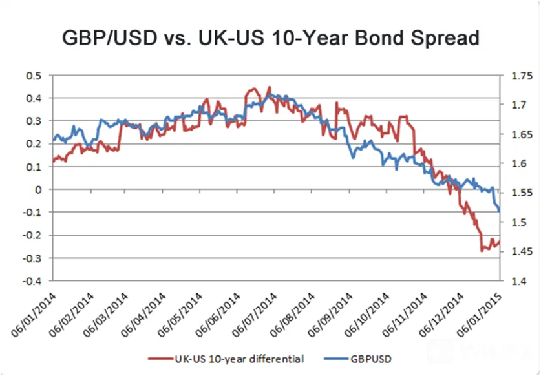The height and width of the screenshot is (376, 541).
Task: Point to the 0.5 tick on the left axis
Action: pyautogui.click(x=33, y=76)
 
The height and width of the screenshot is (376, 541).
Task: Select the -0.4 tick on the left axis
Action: pyautogui.click(x=32, y=281)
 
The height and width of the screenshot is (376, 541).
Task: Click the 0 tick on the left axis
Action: pyautogui.click(x=37, y=190)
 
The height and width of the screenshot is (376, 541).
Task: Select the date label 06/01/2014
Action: pyautogui.click(x=34, y=315)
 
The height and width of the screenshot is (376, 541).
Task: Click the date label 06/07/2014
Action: pyautogui.click(x=255, y=315)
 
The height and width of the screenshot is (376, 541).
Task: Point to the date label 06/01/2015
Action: pyautogui.click(x=478, y=315)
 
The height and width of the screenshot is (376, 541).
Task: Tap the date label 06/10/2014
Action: pyautogui.click(x=367, y=315)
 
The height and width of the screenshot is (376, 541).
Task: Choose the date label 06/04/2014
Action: pyautogui.click(x=144, y=315)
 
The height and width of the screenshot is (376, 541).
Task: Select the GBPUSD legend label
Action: pyautogui.click(x=371, y=359)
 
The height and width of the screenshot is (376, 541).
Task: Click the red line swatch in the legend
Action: pyautogui.click(x=160, y=359)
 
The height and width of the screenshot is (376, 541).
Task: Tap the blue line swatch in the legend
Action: pyautogui.click(x=336, y=359)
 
